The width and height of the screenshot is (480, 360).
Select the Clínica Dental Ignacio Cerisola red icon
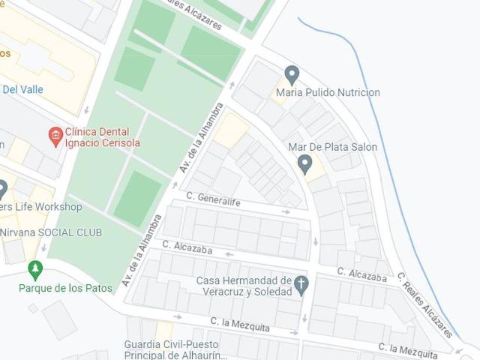point(55,136)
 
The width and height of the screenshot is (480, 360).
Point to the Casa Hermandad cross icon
point(301,283)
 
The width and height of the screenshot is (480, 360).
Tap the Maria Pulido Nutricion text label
point(328,93)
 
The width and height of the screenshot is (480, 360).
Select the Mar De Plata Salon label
point(332,147)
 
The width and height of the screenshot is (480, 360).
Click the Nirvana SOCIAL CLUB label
point(50,232)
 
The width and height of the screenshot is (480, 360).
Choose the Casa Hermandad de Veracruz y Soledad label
point(244,286)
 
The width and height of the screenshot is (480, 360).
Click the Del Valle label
point(22,89)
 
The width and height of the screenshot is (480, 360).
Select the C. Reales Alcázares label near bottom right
point(425,304)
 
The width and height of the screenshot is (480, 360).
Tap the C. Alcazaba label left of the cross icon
point(187,247)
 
